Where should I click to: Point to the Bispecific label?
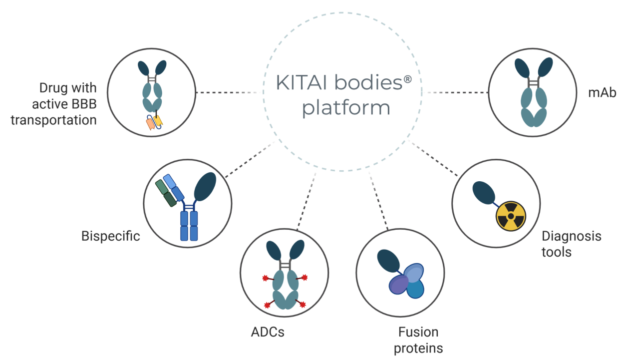(111, 236)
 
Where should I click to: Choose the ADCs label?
(268, 332)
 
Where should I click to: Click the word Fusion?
(418, 333)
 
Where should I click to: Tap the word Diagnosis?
(572, 236)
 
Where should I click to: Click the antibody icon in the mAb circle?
(534, 92)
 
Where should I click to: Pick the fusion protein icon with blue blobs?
(405, 279)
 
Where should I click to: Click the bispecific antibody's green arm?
(166, 193)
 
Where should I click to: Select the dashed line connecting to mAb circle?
(455, 93)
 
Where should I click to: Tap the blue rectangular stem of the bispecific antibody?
(189, 226)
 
